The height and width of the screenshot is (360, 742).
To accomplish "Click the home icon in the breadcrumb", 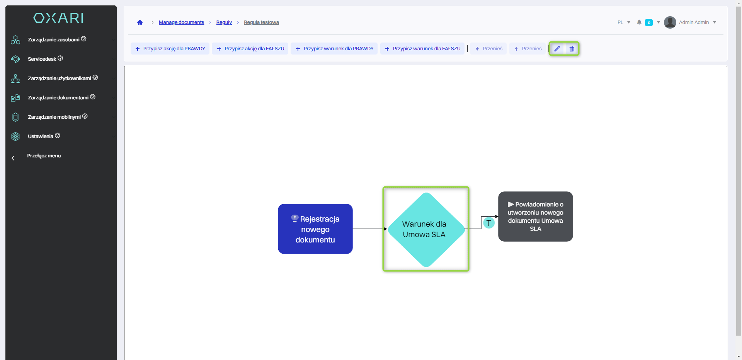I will pos(140,22).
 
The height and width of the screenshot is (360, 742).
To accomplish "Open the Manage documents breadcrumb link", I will pos(181,22).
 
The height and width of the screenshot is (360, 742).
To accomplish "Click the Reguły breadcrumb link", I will pos(224,22).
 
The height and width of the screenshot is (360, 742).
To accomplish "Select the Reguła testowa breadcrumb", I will pos(261,22).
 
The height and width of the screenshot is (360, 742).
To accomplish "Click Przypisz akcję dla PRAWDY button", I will pos(170,49).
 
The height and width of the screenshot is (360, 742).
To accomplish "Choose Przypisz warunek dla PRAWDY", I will pos(334,49).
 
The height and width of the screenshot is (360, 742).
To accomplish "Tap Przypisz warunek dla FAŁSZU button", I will pos(422,49).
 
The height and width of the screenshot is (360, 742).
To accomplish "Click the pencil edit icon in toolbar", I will pos(557,49).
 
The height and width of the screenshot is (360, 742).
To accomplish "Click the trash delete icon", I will pos(572,49).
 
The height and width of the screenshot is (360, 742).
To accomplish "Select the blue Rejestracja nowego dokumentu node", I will pos(315,229).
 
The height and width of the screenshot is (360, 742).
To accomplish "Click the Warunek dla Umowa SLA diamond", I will pos(425,229).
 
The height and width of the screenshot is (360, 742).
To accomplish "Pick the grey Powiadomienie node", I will pos(535,217).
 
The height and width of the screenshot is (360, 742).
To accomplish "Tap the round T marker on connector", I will pos(489,223).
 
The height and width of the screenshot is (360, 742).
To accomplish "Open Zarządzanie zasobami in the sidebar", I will pos(54,39).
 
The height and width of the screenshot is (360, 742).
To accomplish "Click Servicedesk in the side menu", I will pos(42,59).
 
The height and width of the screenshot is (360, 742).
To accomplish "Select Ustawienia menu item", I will pos(41,136).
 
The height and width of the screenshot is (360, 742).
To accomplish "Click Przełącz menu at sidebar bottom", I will pos(44,156).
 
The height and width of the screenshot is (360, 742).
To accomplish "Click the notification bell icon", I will pos(639,22).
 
